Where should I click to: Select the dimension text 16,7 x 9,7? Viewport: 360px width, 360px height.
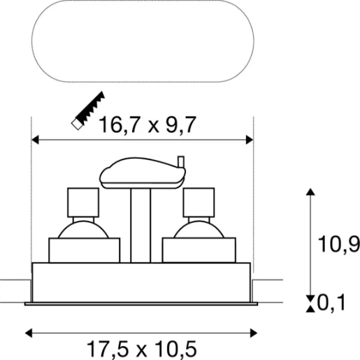[x=147, y=125]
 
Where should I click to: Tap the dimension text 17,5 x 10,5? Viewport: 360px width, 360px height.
[x=142, y=349]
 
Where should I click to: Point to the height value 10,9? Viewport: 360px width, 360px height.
[x=338, y=244]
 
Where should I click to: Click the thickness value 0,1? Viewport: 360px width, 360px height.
[x=331, y=303]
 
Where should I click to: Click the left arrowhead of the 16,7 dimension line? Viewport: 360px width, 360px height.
[x=35, y=140]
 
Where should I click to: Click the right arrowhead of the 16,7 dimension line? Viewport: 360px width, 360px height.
[x=250, y=140]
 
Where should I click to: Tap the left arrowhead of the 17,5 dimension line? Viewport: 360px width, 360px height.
[x=29, y=333]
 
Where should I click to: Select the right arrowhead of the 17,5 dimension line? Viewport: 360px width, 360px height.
[x=254, y=333]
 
